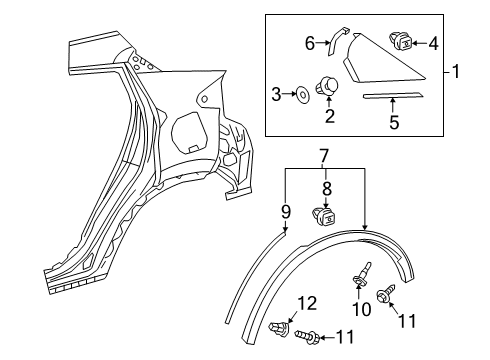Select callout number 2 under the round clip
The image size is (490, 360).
click(330, 116)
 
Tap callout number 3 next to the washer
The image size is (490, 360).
click(276, 94)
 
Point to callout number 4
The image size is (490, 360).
click(433, 44)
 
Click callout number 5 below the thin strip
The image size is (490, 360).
click(394, 122)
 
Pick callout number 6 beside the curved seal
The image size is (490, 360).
click(310, 43)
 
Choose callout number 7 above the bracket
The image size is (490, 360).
click(324, 157)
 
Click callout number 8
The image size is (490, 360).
click(327, 188)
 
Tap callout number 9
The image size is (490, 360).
click(286, 212)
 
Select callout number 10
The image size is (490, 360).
click(361, 309)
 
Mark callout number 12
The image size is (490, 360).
click(307, 303)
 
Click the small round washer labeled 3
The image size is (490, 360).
click(303, 95)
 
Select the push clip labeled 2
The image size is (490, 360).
click(327, 86)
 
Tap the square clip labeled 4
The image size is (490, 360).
click(401, 41)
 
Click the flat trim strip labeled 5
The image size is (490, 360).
click(393, 96)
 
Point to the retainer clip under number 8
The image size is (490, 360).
click(324, 217)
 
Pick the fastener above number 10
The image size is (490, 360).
click(361, 275)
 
